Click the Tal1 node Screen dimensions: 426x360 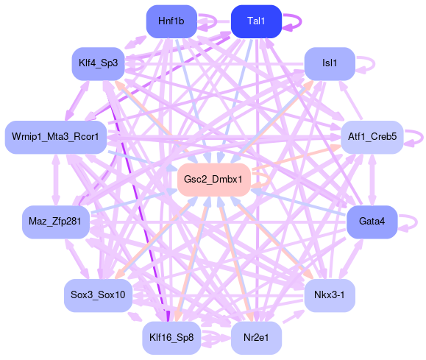[x=256, y=21]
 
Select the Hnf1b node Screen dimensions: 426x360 [x=171, y=21]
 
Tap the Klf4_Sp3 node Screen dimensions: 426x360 [x=99, y=63]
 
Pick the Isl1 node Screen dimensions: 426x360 [x=330, y=63]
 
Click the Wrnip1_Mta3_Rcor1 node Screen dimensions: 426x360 [x=56, y=137]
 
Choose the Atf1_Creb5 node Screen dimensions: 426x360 [x=372, y=137]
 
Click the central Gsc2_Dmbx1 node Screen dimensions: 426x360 [x=214, y=180]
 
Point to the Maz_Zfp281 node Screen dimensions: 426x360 [x=56, y=222]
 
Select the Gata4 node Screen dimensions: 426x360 [x=372, y=222]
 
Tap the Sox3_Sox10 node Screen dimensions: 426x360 [x=99, y=295]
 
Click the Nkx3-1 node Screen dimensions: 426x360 [x=330, y=295]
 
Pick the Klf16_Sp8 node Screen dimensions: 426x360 [x=171, y=338]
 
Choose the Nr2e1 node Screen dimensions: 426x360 [x=256, y=338]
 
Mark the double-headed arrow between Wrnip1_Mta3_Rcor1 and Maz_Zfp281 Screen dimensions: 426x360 [x=56, y=180]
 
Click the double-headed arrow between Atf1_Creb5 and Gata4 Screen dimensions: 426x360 [x=372, y=180]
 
